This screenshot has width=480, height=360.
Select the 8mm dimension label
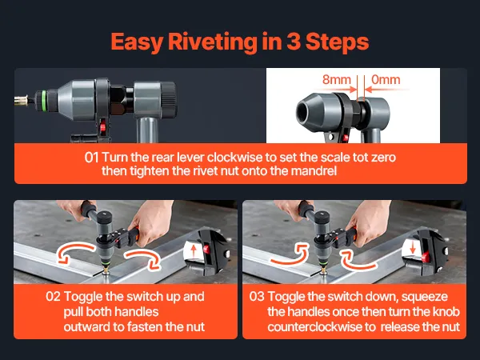coord(337,79)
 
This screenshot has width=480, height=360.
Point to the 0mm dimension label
coord(386,79)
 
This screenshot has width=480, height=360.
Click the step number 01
coord(91,158)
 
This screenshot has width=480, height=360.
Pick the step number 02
coord(54,297)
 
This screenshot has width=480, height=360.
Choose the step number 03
coord(257,297)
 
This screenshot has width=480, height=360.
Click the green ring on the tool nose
coord(43,98)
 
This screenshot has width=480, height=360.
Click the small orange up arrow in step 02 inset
coord(194,252)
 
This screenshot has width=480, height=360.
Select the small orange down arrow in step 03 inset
coord(412,246)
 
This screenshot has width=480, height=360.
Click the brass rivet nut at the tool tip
coord(21,100)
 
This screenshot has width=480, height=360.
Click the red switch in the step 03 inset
coord(426,257)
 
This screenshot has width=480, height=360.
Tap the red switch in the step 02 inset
coord(206,249)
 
